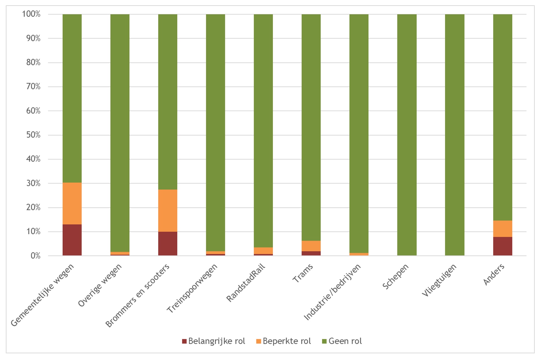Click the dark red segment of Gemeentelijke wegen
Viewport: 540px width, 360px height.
click(x=72, y=240)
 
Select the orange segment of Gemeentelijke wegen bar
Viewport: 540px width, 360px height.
click(x=72, y=203)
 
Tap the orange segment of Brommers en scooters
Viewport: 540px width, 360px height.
click(x=167, y=210)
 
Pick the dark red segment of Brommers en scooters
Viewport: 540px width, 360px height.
click(x=167, y=243)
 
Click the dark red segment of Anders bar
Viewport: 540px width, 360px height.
click(x=502, y=246)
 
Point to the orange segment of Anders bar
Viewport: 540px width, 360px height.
click(x=502, y=229)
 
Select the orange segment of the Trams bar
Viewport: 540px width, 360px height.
click(x=311, y=246)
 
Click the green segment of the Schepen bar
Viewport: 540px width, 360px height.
click(x=407, y=135)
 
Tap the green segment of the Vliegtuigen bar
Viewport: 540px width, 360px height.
click(x=455, y=135)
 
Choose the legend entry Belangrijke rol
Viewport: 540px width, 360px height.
click(x=214, y=341)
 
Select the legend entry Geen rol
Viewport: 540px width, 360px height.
click(x=342, y=341)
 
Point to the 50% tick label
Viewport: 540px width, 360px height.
click(x=33, y=135)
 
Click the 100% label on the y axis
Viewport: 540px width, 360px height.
click(x=31, y=14)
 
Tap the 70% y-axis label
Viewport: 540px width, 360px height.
click(x=33, y=87)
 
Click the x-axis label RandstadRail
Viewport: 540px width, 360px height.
click(x=246, y=283)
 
